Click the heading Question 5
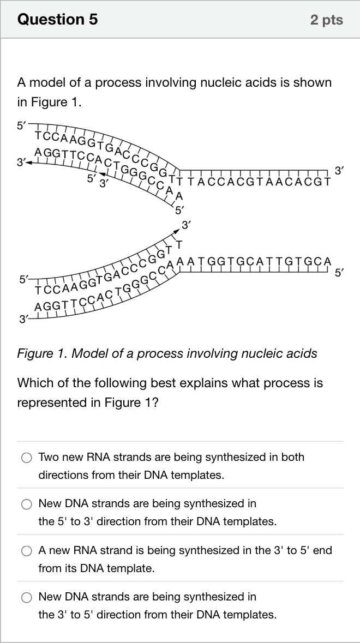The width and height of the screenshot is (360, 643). [57, 19]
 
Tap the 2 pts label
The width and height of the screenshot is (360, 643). [326, 20]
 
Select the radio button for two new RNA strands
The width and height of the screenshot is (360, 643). [27, 458]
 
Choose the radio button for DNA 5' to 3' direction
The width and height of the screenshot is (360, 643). [27, 504]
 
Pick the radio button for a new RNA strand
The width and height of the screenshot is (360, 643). [27, 551]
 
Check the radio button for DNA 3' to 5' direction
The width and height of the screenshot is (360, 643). [27, 598]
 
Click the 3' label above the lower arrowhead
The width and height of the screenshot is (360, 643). [187, 225]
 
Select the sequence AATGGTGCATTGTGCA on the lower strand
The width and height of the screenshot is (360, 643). [254, 261]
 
